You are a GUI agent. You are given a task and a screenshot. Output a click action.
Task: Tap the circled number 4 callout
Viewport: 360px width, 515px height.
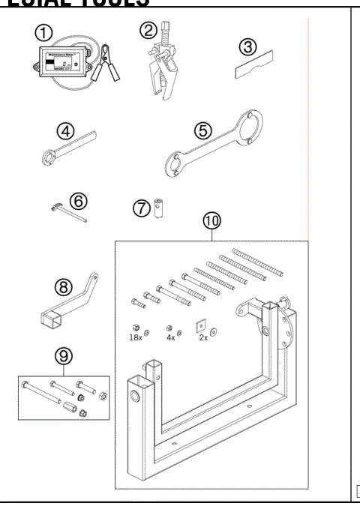[x=67, y=131]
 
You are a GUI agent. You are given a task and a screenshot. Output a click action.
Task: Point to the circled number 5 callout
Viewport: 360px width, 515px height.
[x=202, y=130]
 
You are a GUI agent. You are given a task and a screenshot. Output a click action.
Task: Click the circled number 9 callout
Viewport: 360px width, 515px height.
[x=63, y=353]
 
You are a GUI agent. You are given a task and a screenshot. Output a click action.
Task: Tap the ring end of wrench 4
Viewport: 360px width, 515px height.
[x=46, y=157]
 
